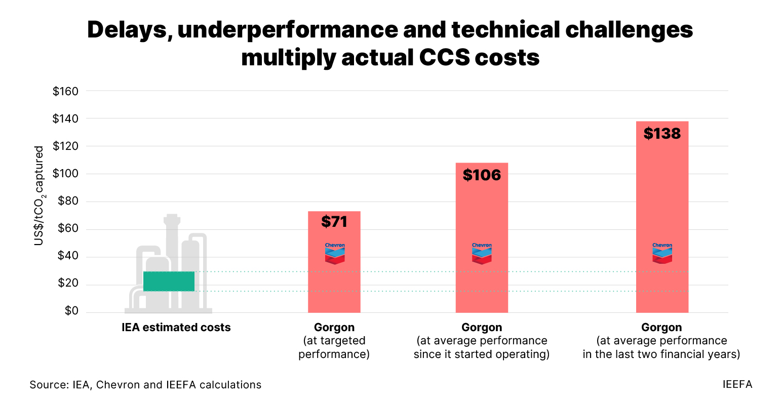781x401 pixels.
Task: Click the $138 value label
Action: pos(662,134)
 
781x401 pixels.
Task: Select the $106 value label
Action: pos(482,175)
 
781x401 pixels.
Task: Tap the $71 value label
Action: pos(334,221)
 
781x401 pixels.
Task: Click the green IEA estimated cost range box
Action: pos(169,281)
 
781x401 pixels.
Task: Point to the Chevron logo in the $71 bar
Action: pos(334,253)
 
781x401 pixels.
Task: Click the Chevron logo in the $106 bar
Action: pos(482,253)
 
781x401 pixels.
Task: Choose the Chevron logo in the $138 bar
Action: pos(662,253)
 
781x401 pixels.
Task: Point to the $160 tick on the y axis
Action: pos(65,92)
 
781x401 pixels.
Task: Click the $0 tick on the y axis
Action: pos(71,311)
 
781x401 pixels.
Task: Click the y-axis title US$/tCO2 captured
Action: pos(39,196)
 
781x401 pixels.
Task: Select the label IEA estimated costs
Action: pos(176,328)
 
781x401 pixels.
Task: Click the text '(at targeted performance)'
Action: pos(334,347)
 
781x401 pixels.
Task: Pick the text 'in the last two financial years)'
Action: pos(661,354)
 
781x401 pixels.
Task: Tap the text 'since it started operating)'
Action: pos(481,354)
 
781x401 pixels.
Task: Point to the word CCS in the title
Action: pos(445,58)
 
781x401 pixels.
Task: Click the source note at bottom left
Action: pos(145,385)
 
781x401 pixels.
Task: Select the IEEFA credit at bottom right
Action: pos(737,384)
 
